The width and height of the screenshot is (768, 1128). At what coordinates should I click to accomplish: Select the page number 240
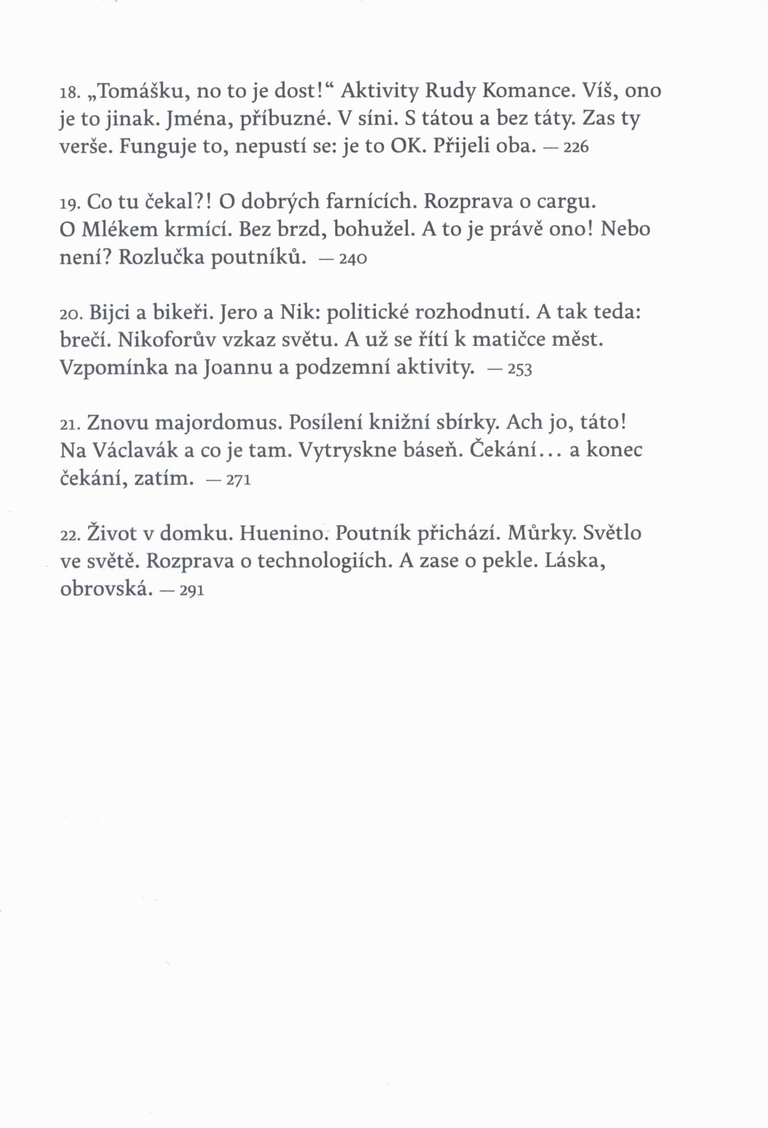click(x=353, y=259)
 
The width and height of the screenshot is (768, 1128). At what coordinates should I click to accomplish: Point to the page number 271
click(x=238, y=480)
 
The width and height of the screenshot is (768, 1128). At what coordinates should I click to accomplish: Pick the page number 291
click(x=192, y=591)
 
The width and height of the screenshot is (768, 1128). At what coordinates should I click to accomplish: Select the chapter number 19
click(x=68, y=204)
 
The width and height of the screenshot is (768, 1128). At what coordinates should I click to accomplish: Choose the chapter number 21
click(x=68, y=425)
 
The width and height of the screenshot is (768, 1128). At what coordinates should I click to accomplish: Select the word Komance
click(x=526, y=91)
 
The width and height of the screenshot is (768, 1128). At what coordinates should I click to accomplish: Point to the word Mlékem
click(x=119, y=229)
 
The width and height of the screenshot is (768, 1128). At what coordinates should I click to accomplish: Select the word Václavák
click(x=135, y=450)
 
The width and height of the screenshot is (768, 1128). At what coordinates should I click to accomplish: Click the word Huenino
click(x=282, y=533)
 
